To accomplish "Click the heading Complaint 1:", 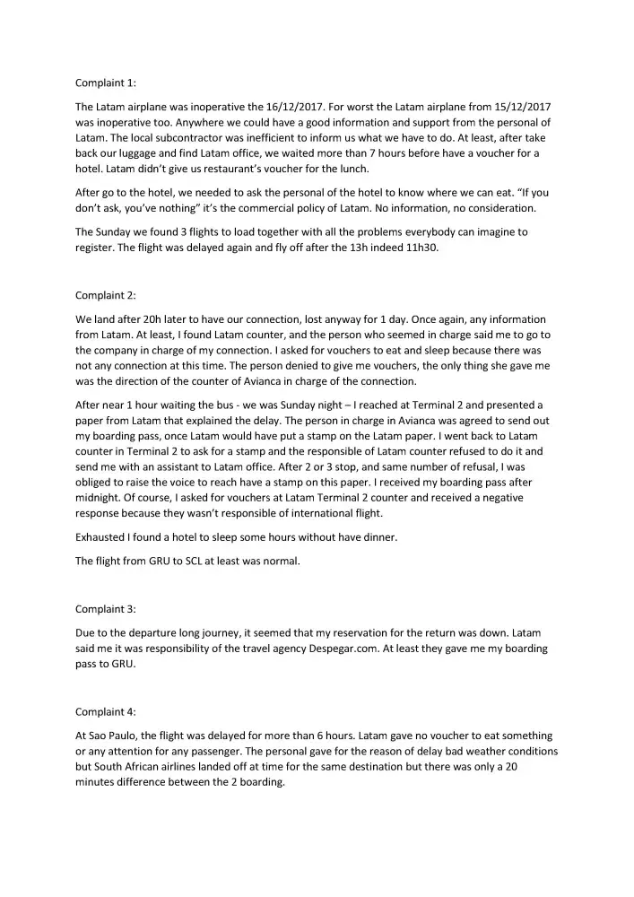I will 106,83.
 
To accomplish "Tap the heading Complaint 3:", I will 106,609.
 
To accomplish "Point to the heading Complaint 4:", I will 106,712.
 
